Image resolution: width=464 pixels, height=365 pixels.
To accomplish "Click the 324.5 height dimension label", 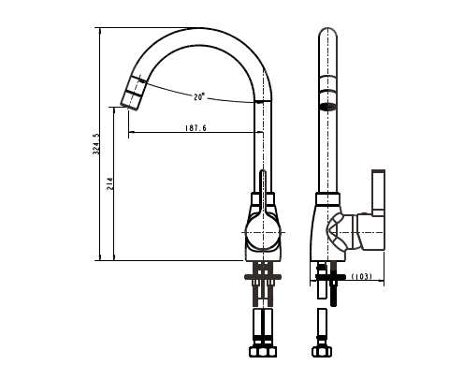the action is click(x=96, y=144).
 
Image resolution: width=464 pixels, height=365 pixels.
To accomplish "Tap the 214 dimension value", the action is click(x=109, y=183).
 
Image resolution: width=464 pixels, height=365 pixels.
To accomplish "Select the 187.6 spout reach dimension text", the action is click(x=196, y=128).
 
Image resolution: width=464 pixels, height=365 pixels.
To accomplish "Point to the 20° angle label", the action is click(x=199, y=96).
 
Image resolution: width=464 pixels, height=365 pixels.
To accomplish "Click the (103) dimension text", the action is click(x=362, y=276).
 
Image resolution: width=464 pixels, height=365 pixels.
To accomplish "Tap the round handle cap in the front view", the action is click(x=263, y=232).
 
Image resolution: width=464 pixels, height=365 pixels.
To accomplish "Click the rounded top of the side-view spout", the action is click(x=327, y=32).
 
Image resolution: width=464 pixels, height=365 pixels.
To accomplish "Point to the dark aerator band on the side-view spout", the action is click(x=328, y=107).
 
